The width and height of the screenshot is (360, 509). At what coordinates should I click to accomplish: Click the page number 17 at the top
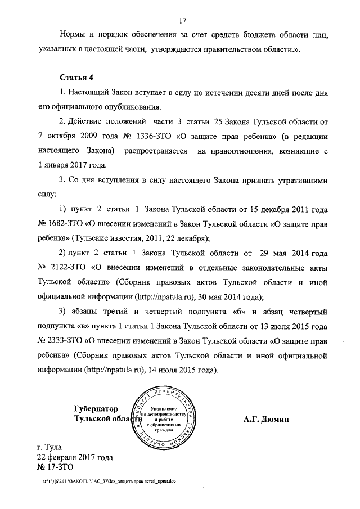(x=182, y=21)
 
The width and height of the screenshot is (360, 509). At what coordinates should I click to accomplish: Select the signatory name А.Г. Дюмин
(x=266, y=419)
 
